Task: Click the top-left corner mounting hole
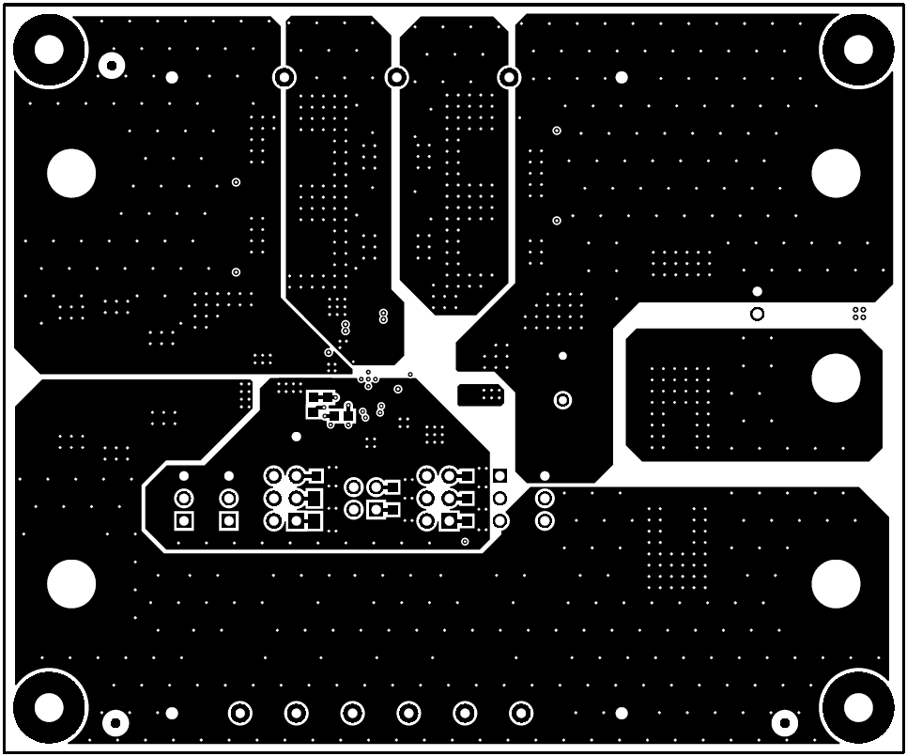(x=49, y=49)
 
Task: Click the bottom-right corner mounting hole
(x=857, y=707)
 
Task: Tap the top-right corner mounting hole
(x=857, y=49)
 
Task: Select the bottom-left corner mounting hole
(x=49, y=707)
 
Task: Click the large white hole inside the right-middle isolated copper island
(x=835, y=378)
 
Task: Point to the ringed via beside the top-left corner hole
(x=112, y=66)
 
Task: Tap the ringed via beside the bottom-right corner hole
(x=785, y=722)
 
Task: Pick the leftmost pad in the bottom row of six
(x=240, y=714)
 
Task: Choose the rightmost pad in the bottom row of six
(x=521, y=714)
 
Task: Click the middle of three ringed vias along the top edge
(x=396, y=76)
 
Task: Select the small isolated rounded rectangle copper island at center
(x=480, y=394)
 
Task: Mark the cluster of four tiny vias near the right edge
(x=859, y=313)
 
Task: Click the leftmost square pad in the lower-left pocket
(x=184, y=520)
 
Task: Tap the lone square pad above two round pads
(x=500, y=476)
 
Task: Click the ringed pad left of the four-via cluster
(x=757, y=314)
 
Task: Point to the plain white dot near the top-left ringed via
(x=172, y=77)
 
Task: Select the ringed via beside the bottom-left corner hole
(x=115, y=722)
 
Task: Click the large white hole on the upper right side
(x=835, y=173)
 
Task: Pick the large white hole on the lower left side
(x=71, y=583)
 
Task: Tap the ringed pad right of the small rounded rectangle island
(x=562, y=400)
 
